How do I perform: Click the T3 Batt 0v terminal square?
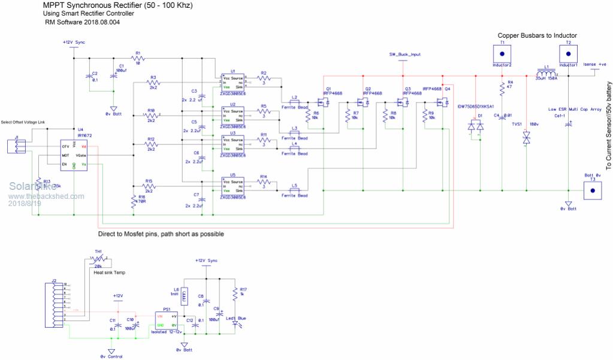click(x=593, y=190)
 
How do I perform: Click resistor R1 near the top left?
click(x=137, y=58)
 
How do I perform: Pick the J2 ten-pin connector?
click(x=57, y=302)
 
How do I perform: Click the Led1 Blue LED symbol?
click(x=234, y=323)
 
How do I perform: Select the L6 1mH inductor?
click(x=184, y=295)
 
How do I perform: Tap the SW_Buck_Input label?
click(x=404, y=54)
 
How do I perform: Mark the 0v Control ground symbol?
click(x=111, y=352)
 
